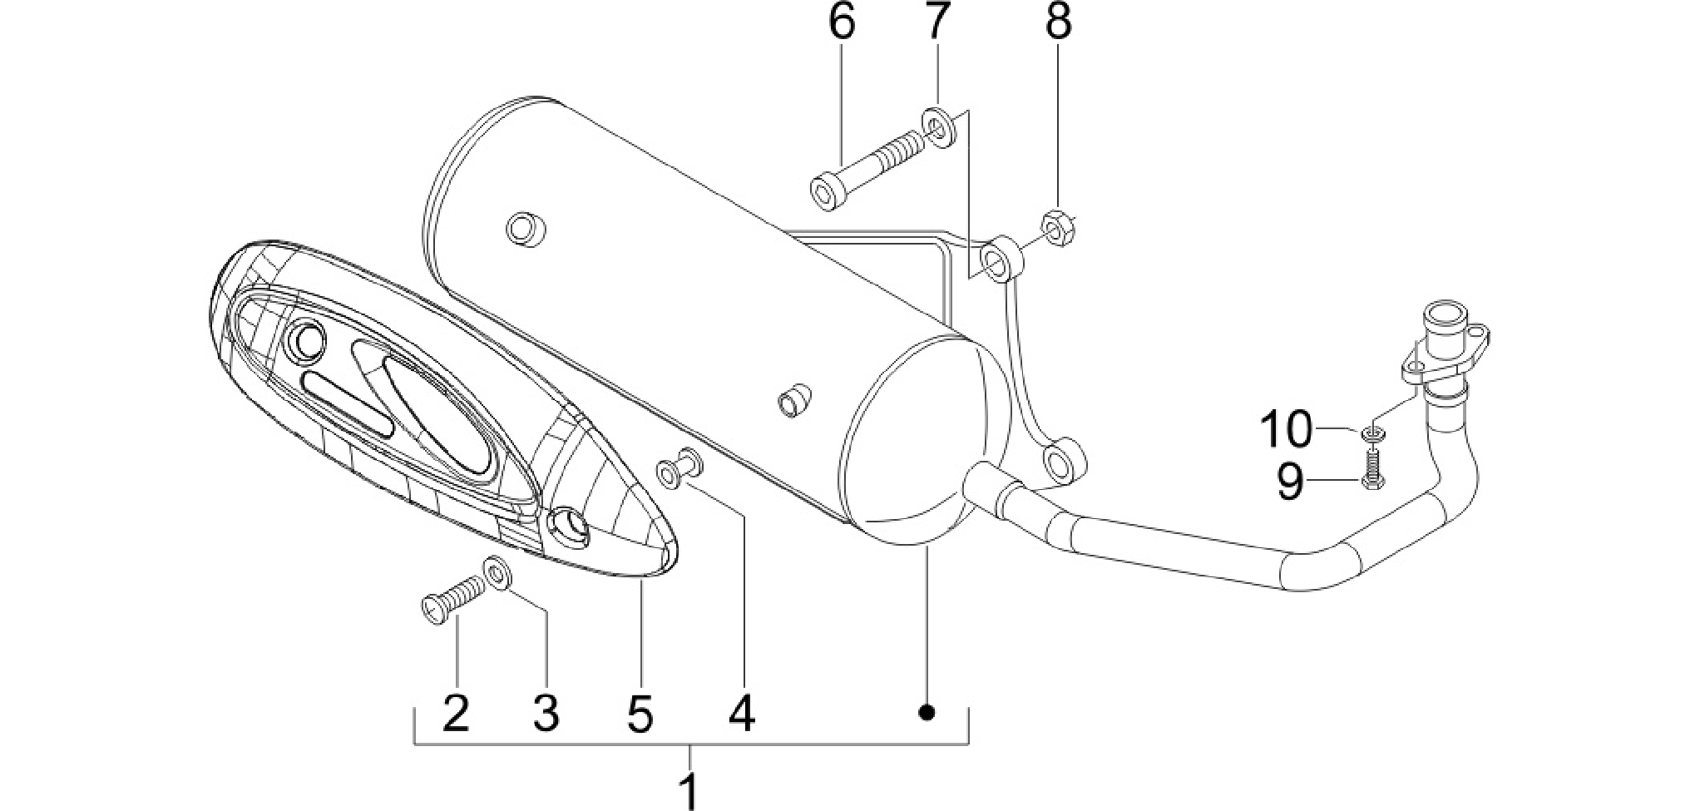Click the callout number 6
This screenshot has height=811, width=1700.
pos(841,22)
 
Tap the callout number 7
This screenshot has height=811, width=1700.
pos(936,22)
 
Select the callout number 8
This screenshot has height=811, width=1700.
pos(1058,22)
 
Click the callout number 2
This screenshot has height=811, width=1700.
pos(456,712)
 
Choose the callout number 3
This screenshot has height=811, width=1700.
pos(545,712)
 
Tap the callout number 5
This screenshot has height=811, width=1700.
pos(640,712)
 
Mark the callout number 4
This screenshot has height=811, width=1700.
pos(741,712)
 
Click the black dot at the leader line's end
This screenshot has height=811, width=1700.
pos(927,712)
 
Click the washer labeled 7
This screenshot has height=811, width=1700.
pos(937,126)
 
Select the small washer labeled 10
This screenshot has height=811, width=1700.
pos(1372,431)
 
